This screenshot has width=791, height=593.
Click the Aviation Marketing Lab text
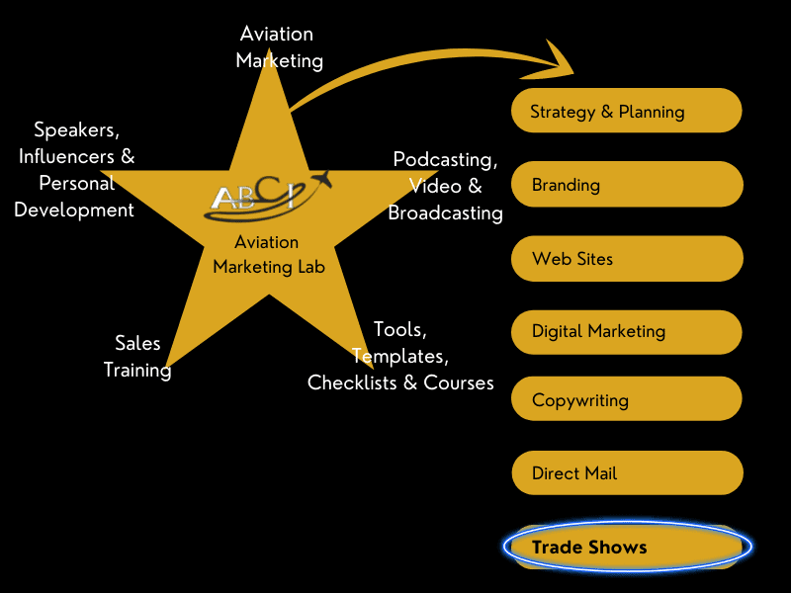pyautogui.click(x=268, y=254)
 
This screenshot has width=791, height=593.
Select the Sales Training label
pyautogui.click(x=137, y=357)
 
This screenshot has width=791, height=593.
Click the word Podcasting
pyautogui.click(x=445, y=159)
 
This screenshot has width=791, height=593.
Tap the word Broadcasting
pyautogui.click(x=445, y=212)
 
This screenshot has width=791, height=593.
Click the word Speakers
pyautogui.click(x=76, y=129)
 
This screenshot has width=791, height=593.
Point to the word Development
pyautogui.click(x=74, y=210)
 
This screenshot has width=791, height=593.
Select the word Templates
pyautogui.click(x=399, y=355)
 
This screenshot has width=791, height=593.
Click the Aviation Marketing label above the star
pyautogui.click(x=278, y=47)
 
